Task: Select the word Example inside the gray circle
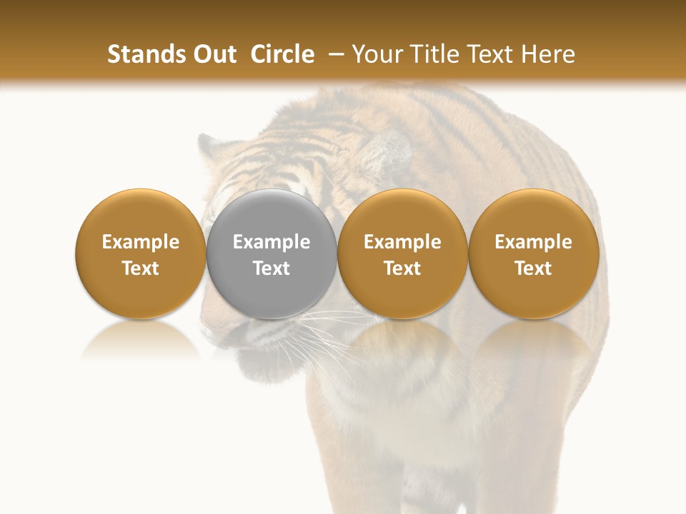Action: point(272,242)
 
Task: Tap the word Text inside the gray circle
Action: point(272,268)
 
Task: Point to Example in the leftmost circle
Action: point(140,242)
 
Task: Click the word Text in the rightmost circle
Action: point(534,268)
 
